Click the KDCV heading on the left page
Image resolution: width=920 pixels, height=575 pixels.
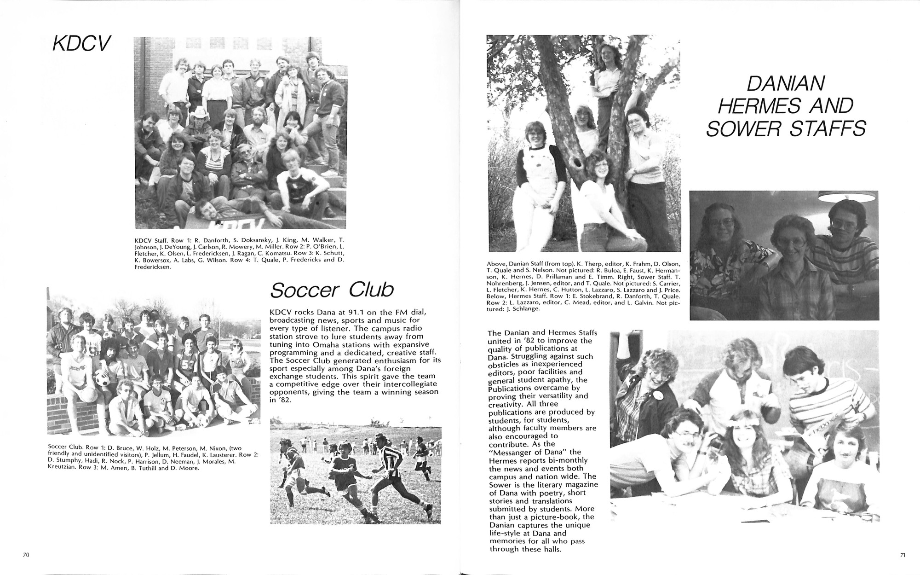[81, 44]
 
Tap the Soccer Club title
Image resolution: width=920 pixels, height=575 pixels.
[332, 290]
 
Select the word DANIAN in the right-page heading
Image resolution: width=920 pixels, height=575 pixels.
[785, 84]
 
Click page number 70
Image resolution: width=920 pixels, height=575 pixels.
[26, 555]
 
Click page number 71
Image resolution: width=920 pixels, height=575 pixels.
[903, 555]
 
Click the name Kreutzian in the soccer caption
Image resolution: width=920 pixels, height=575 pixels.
[63, 468]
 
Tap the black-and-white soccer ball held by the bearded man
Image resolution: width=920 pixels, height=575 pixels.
[102, 379]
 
